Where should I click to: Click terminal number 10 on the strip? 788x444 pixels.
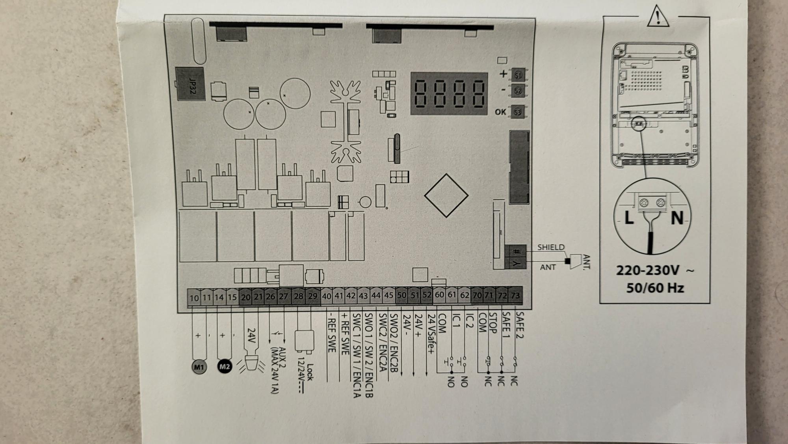click(194, 298)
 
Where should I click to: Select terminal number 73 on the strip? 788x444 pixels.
click(515, 295)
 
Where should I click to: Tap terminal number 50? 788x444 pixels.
click(401, 295)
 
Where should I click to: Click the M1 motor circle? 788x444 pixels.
click(199, 367)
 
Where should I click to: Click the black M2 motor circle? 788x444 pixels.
click(225, 367)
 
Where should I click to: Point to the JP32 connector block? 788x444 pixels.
click(190, 84)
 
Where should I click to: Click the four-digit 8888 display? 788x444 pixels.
click(449, 94)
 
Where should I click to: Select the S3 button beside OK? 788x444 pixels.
click(517, 112)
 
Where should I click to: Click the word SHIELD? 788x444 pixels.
click(551, 247)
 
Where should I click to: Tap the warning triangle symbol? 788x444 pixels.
click(658, 17)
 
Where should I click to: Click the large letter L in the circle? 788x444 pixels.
click(629, 218)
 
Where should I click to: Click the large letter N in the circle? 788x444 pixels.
click(677, 218)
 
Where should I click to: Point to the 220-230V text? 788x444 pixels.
click(648, 271)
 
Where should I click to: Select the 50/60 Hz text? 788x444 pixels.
click(655, 288)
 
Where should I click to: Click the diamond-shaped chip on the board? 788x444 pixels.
click(446, 196)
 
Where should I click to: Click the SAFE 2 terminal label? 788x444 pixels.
click(519, 325)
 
